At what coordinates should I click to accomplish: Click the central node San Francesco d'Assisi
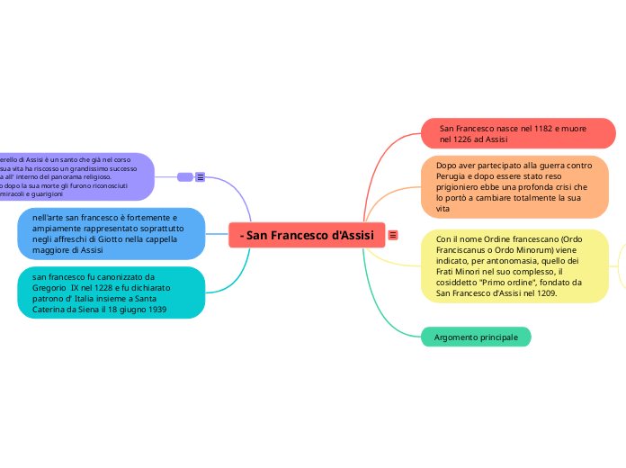[x=308, y=235]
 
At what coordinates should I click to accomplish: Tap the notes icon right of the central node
[x=393, y=235]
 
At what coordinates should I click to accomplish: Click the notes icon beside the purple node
[x=200, y=177]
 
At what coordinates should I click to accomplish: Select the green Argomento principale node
[x=476, y=337]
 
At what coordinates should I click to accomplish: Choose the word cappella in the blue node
[x=158, y=239]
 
